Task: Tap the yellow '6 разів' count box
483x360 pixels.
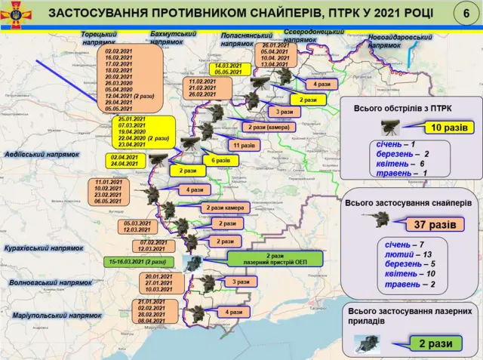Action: [219, 160]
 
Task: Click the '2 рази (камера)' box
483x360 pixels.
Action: [266, 127]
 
